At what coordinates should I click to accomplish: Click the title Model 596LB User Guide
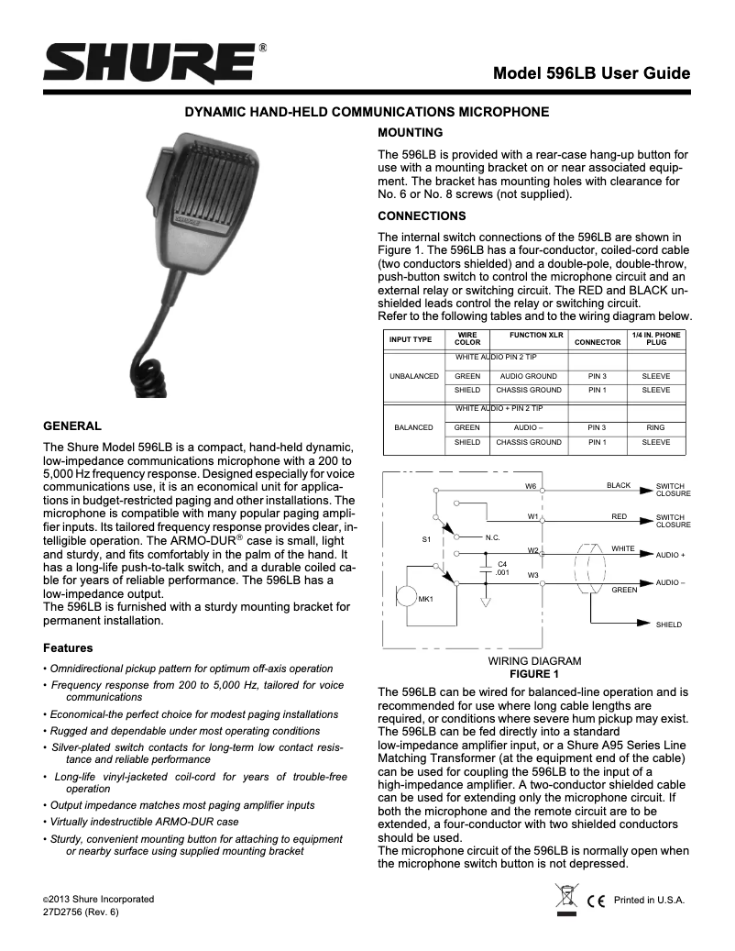pos(590,73)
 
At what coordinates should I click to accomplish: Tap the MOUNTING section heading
pos(411,132)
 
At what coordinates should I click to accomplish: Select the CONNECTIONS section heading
pos(422,216)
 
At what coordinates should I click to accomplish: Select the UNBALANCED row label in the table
pos(414,376)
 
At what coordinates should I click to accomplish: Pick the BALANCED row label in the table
pos(413,427)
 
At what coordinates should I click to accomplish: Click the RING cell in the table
pos(655,427)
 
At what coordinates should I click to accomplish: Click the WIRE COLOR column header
pos(467,339)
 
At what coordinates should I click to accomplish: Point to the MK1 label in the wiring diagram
pos(425,599)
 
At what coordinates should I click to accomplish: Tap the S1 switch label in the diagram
pos(426,539)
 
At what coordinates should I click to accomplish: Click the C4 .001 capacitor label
pos(502,568)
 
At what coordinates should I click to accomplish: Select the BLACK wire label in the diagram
pos(619,485)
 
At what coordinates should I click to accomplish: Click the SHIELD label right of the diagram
pos(668,625)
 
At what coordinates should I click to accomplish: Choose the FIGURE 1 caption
pos(533,673)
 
